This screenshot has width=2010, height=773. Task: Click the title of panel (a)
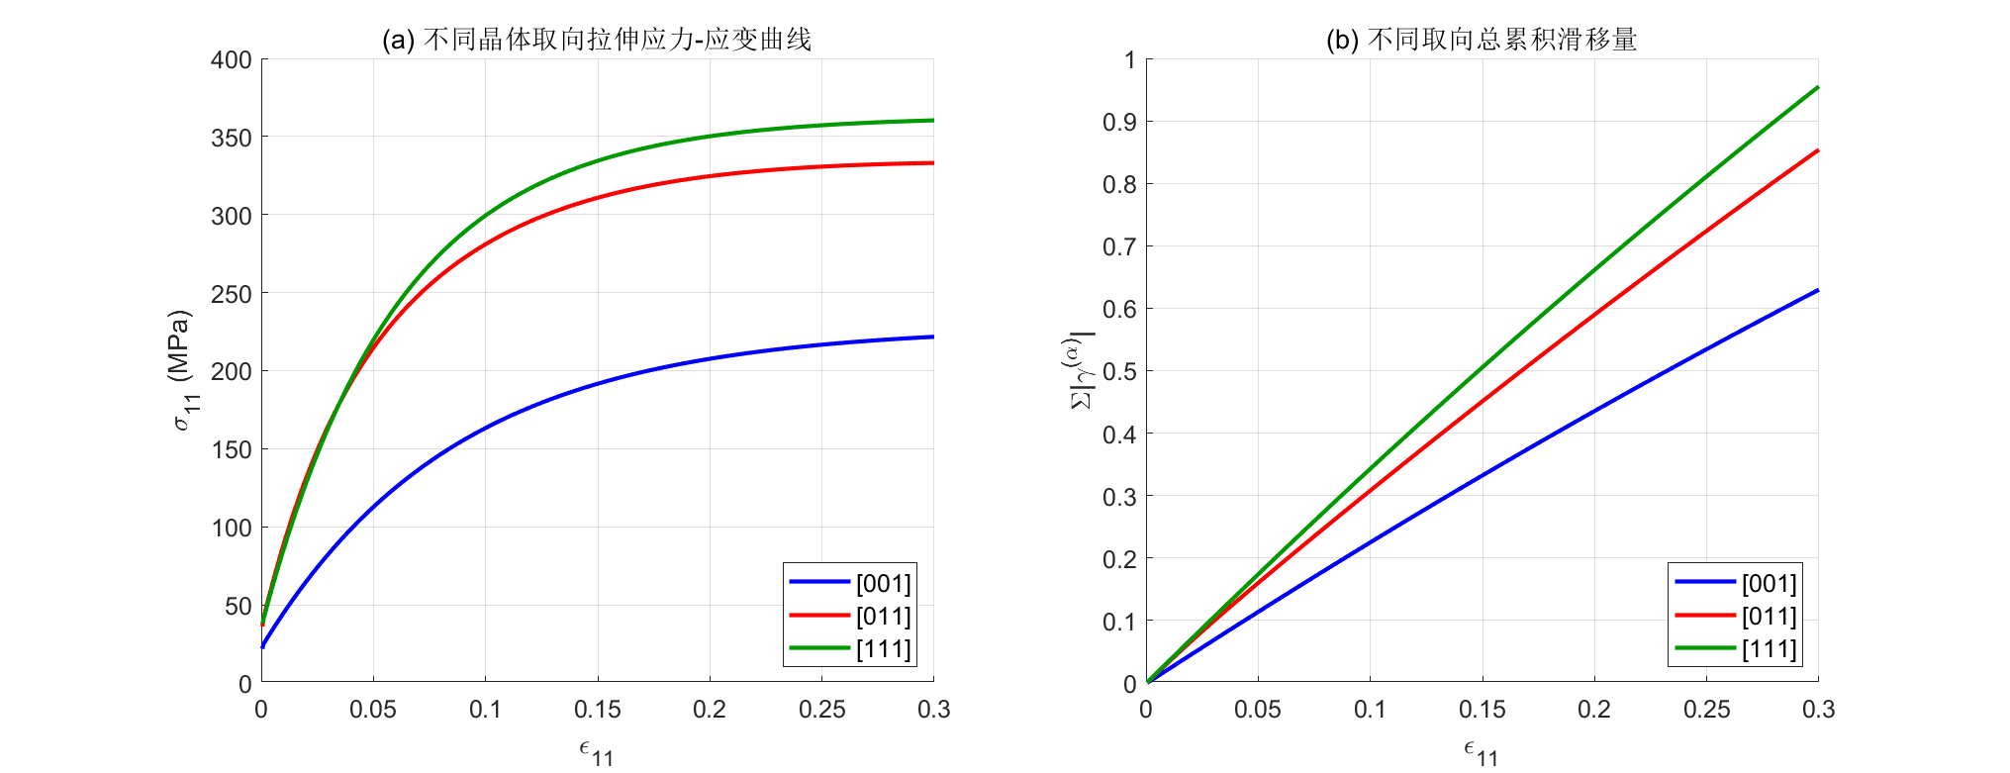click(597, 40)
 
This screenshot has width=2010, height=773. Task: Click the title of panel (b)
click(1482, 40)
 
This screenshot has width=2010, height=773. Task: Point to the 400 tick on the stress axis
click(232, 60)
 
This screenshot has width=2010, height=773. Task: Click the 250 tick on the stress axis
click(232, 294)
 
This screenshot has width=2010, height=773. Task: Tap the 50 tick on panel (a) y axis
click(239, 606)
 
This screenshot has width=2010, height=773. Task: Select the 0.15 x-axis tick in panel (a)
click(598, 710)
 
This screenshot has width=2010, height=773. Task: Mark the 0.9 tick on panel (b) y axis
click(1119, 122)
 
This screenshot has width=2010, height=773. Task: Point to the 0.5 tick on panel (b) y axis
click(1119, 372)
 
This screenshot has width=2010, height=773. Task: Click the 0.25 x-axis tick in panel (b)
click(1706, 710)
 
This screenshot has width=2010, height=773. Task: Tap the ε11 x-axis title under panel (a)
click(597, 753)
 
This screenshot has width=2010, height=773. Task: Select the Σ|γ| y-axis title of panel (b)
click(1081, 370)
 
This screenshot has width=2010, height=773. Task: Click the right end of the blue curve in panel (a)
click(932, 338)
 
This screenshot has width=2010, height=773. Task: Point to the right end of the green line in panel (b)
click(1817, 88)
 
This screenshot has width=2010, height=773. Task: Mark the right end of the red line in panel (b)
click(1817, 151)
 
